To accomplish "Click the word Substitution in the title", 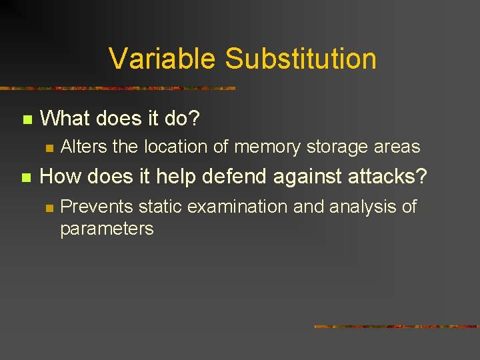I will [301, 59].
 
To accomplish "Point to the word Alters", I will [83, 147].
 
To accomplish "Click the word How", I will [61, 177].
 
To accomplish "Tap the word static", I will [161, 207].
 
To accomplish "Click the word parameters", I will [107, 229].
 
